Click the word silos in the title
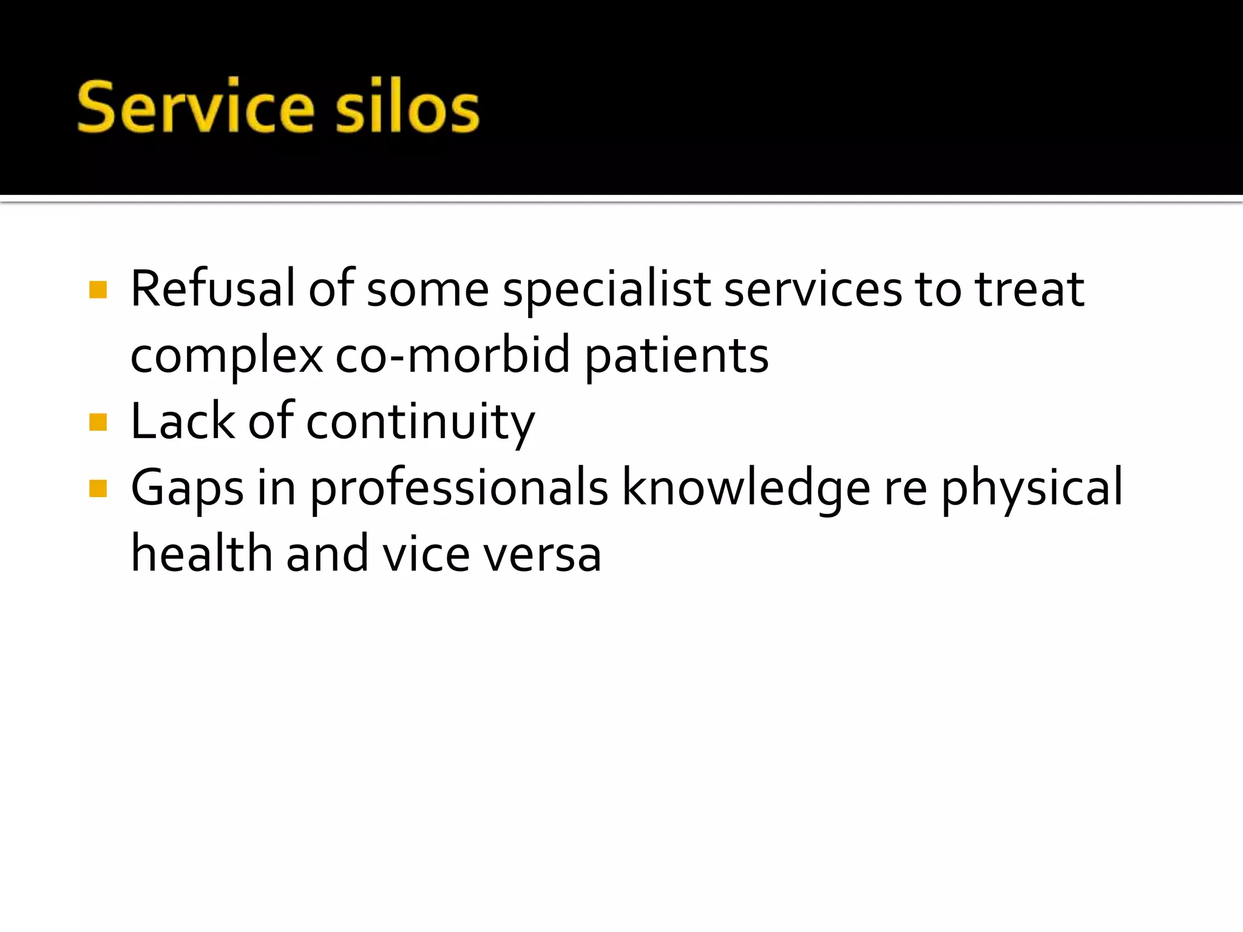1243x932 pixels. point(407,107)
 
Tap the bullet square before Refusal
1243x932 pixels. point(98,289)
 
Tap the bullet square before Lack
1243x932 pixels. point(98,422)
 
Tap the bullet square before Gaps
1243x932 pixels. point(98,488)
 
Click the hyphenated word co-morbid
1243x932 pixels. point(452,356)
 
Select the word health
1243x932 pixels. point(202,553)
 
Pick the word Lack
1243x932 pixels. point(183,421)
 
